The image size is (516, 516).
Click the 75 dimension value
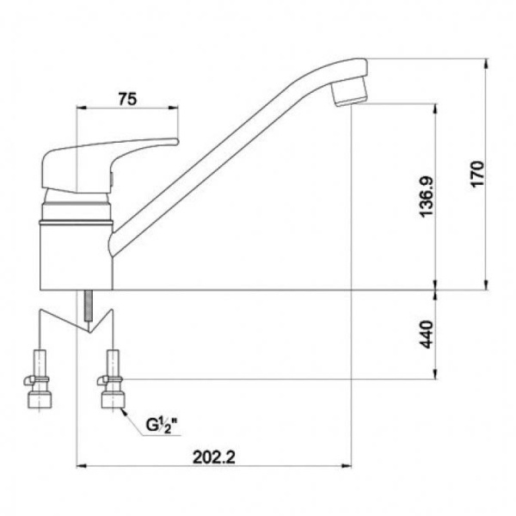click(127, 99)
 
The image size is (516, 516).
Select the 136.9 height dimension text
click(427, 197)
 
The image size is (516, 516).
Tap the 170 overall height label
click(477, 174)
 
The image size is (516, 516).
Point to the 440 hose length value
click(427, 334)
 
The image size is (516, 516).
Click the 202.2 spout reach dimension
click(214, 458)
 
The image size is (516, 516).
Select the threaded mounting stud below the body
click(89, 306)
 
